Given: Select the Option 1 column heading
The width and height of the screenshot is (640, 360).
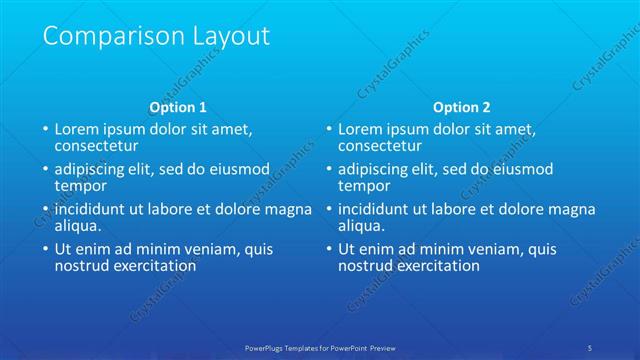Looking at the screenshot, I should pos(178,107).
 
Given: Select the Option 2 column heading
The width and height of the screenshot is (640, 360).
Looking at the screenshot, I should pos(462,107).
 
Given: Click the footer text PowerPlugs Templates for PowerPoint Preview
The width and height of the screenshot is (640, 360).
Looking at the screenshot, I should pos(320,347).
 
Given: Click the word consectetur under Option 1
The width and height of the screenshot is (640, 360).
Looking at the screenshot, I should pos(97,146).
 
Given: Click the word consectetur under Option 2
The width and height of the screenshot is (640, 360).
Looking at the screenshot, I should pos(381,146).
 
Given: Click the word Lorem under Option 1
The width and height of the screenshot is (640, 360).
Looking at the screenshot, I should pos(76,129).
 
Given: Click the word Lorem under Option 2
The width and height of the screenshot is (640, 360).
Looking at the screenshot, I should pos(360,129).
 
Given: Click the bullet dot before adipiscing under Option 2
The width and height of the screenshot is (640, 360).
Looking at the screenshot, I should pos(330,169).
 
